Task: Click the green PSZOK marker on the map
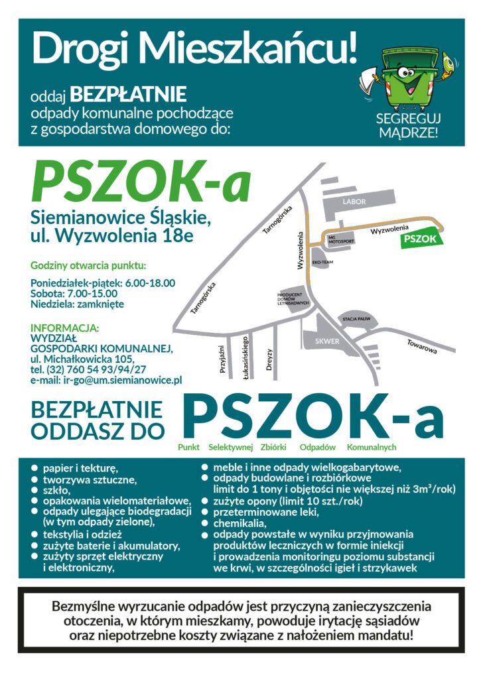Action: click(420, 239)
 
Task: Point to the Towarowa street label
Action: click(422, 346)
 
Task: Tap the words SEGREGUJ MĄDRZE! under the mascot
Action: click(408, 125)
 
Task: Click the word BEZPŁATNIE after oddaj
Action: click(129, 94)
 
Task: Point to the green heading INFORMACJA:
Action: click(65, 328)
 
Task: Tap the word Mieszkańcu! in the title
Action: click(250, 48)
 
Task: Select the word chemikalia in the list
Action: click(240, 523)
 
